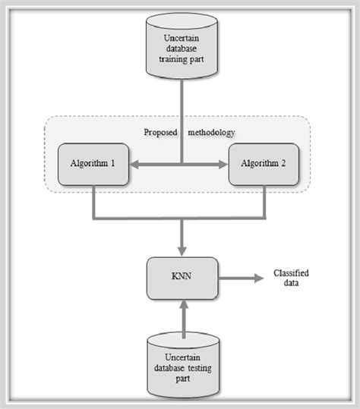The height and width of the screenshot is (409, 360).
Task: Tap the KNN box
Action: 182,278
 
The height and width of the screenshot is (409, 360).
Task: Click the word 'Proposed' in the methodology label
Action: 160,132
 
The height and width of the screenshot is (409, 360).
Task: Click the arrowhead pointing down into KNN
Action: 182,250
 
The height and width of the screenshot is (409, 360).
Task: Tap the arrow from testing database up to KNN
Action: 182,315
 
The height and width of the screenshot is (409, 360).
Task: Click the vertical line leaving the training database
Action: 182,114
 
